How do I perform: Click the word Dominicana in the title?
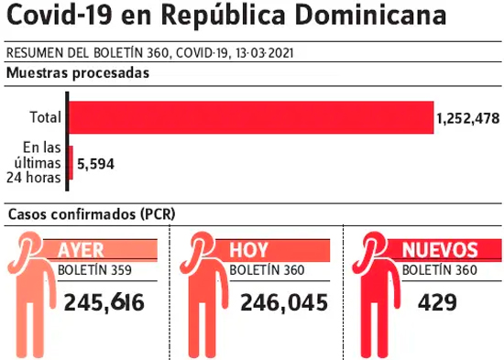(x=370, y=15)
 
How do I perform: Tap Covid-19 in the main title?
(x=60, y=15)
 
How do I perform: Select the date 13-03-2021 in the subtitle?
(x=265, y=53)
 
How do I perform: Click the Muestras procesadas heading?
(x=78, y=73)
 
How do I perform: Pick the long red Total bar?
(x=251, y=117)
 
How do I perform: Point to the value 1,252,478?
(x=468, y=118)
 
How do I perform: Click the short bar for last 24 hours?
(x=71, y=163)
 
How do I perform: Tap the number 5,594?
(x=96, y=164)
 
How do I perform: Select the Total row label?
(x=45, y=117)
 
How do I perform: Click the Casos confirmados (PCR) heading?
(x=92, y=214)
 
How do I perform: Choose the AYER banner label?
(x=81, y=250)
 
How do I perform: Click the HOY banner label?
(x=248, y=250)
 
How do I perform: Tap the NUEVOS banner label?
(x=440, y=250)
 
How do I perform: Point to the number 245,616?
(x=104, y=303)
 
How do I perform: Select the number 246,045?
(x=284, y=303)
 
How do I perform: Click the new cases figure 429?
(x=437, y=303)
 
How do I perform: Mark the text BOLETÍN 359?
(x=94, y=270)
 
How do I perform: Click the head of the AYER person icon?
(x=29, y=245)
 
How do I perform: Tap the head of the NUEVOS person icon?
(x=375, y=245)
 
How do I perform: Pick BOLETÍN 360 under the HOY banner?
(x=267, y=270)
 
